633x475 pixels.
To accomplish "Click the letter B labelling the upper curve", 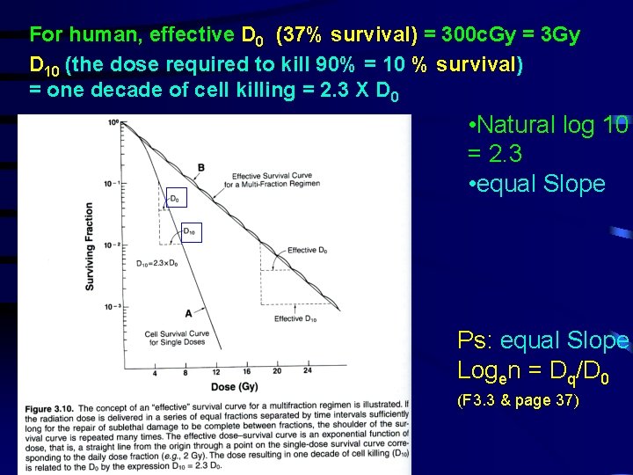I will [201, 167].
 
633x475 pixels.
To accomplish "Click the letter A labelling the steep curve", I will [187, 312].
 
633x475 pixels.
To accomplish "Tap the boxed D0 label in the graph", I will [174, 200].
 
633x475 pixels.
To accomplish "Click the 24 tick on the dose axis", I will [308, 372].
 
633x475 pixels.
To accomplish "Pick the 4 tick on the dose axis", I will [156, 372].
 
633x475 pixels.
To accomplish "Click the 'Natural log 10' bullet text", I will [549, 126].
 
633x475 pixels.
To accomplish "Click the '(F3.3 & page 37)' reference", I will [518, 401].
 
